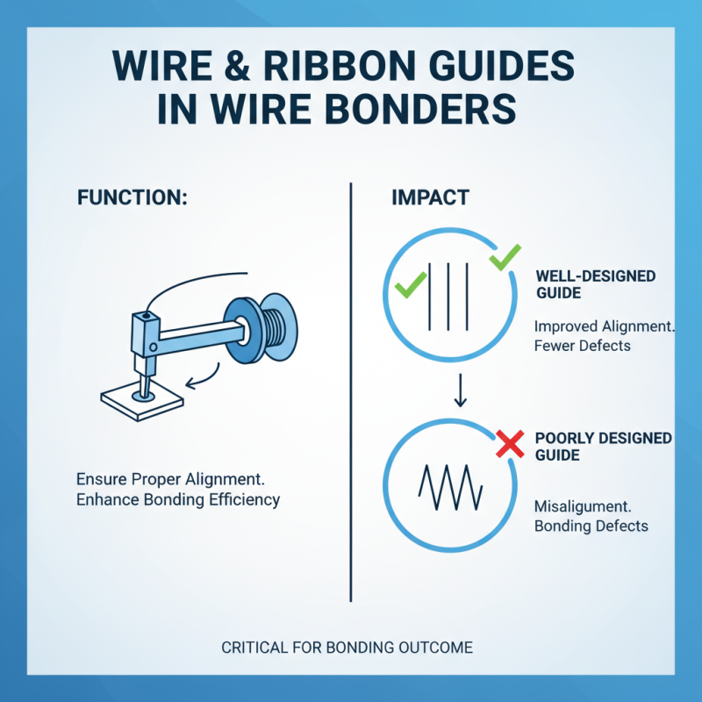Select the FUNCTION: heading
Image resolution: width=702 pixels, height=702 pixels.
coord(132,197)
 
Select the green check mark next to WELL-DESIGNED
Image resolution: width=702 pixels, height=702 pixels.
coord(505,258)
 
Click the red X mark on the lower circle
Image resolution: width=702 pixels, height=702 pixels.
coord(509,445)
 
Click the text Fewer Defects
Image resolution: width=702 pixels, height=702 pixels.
coord(582,345)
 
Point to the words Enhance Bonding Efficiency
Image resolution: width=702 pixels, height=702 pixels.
coord(178,499)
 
